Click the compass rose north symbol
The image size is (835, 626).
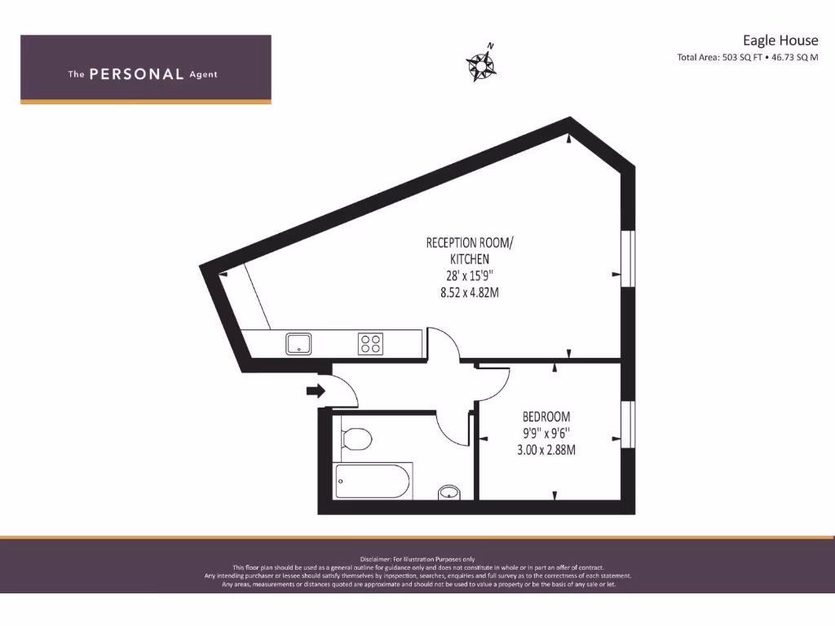(482, 64)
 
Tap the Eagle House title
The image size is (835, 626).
(780, 40)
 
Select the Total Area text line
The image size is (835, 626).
(747, 58)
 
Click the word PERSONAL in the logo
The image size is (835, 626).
(136, 74)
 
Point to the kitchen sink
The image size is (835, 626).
(298, 344)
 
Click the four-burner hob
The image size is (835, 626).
(370, 344)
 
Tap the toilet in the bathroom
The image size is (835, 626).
(356, 439)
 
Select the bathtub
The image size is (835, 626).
(373, 481)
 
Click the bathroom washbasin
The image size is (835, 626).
(448, 492)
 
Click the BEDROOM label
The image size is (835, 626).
(546, 417)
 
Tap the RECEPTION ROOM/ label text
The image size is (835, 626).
(470, 243)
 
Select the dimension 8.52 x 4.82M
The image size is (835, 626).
(470, 291)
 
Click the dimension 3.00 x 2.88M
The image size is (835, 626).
(546, 449)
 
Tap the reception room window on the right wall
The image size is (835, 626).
(627, 259)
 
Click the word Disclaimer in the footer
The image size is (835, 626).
(376, 558)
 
